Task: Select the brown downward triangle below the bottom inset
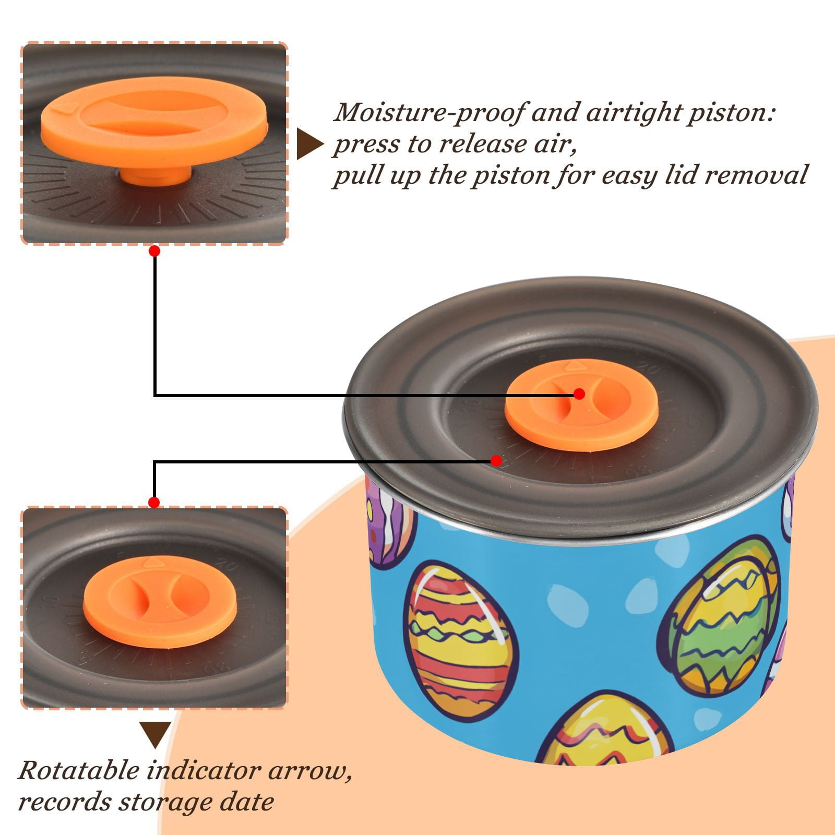pos(155,735)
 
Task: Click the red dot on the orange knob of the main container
pos(579,394)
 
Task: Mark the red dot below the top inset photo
pos(154,252)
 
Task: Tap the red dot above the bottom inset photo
pos(154,503)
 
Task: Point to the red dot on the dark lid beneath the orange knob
pos(496,461)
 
